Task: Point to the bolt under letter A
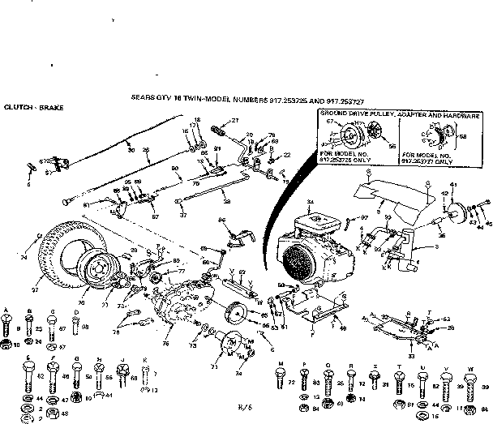point(7,329)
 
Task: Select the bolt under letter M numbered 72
point(280,377)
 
